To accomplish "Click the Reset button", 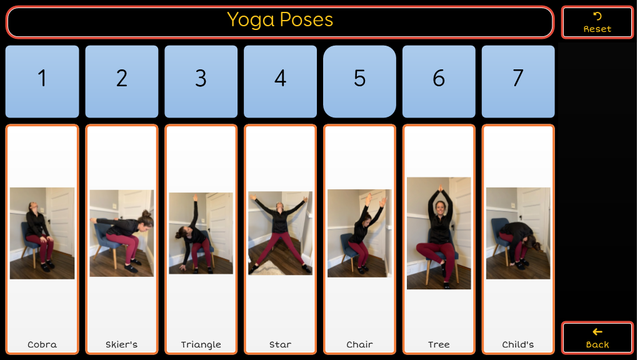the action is (597, 22).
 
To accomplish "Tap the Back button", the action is (597, 337).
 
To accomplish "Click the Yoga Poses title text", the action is (280, 19).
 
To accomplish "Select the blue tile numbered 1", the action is (42, 82).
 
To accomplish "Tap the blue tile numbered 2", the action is (122, 82).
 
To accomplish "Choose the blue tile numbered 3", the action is (201, 82).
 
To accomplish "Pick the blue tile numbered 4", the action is (280, 82).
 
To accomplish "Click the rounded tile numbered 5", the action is (359, 82).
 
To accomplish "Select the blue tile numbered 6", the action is (439, 82).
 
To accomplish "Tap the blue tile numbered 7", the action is (518, 82).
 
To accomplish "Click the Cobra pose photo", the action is (42, 233).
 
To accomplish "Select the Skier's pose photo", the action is (122, 233).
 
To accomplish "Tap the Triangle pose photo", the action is (201, 233).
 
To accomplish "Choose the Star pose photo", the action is (280, 233).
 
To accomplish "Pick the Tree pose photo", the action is (439, 233).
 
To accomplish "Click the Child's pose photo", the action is (518, 233).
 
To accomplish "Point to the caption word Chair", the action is (359, 344).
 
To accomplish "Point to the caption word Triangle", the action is (201, 345).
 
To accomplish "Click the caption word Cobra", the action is (42, 344).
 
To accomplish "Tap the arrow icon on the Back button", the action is (597, 332).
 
